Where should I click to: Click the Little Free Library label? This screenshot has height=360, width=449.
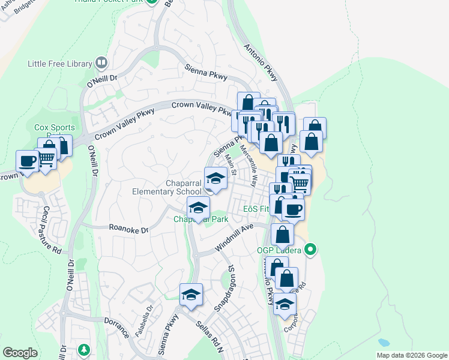[60, 64]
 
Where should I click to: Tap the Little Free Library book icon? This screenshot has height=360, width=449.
[101, 62]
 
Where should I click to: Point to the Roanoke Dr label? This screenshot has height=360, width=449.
[128, 228]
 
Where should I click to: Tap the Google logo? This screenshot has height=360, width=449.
[20, 353]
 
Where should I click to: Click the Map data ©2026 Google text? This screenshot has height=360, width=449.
[411, 355]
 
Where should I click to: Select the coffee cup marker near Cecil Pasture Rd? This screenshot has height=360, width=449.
[28, 161]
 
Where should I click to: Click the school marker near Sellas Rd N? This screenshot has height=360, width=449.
[191, 295]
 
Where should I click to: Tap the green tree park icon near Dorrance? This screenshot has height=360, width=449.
[85, 349]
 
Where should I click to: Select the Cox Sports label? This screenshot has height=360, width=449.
[55, 127]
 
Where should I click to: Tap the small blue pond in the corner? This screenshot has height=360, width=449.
[383, 343]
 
